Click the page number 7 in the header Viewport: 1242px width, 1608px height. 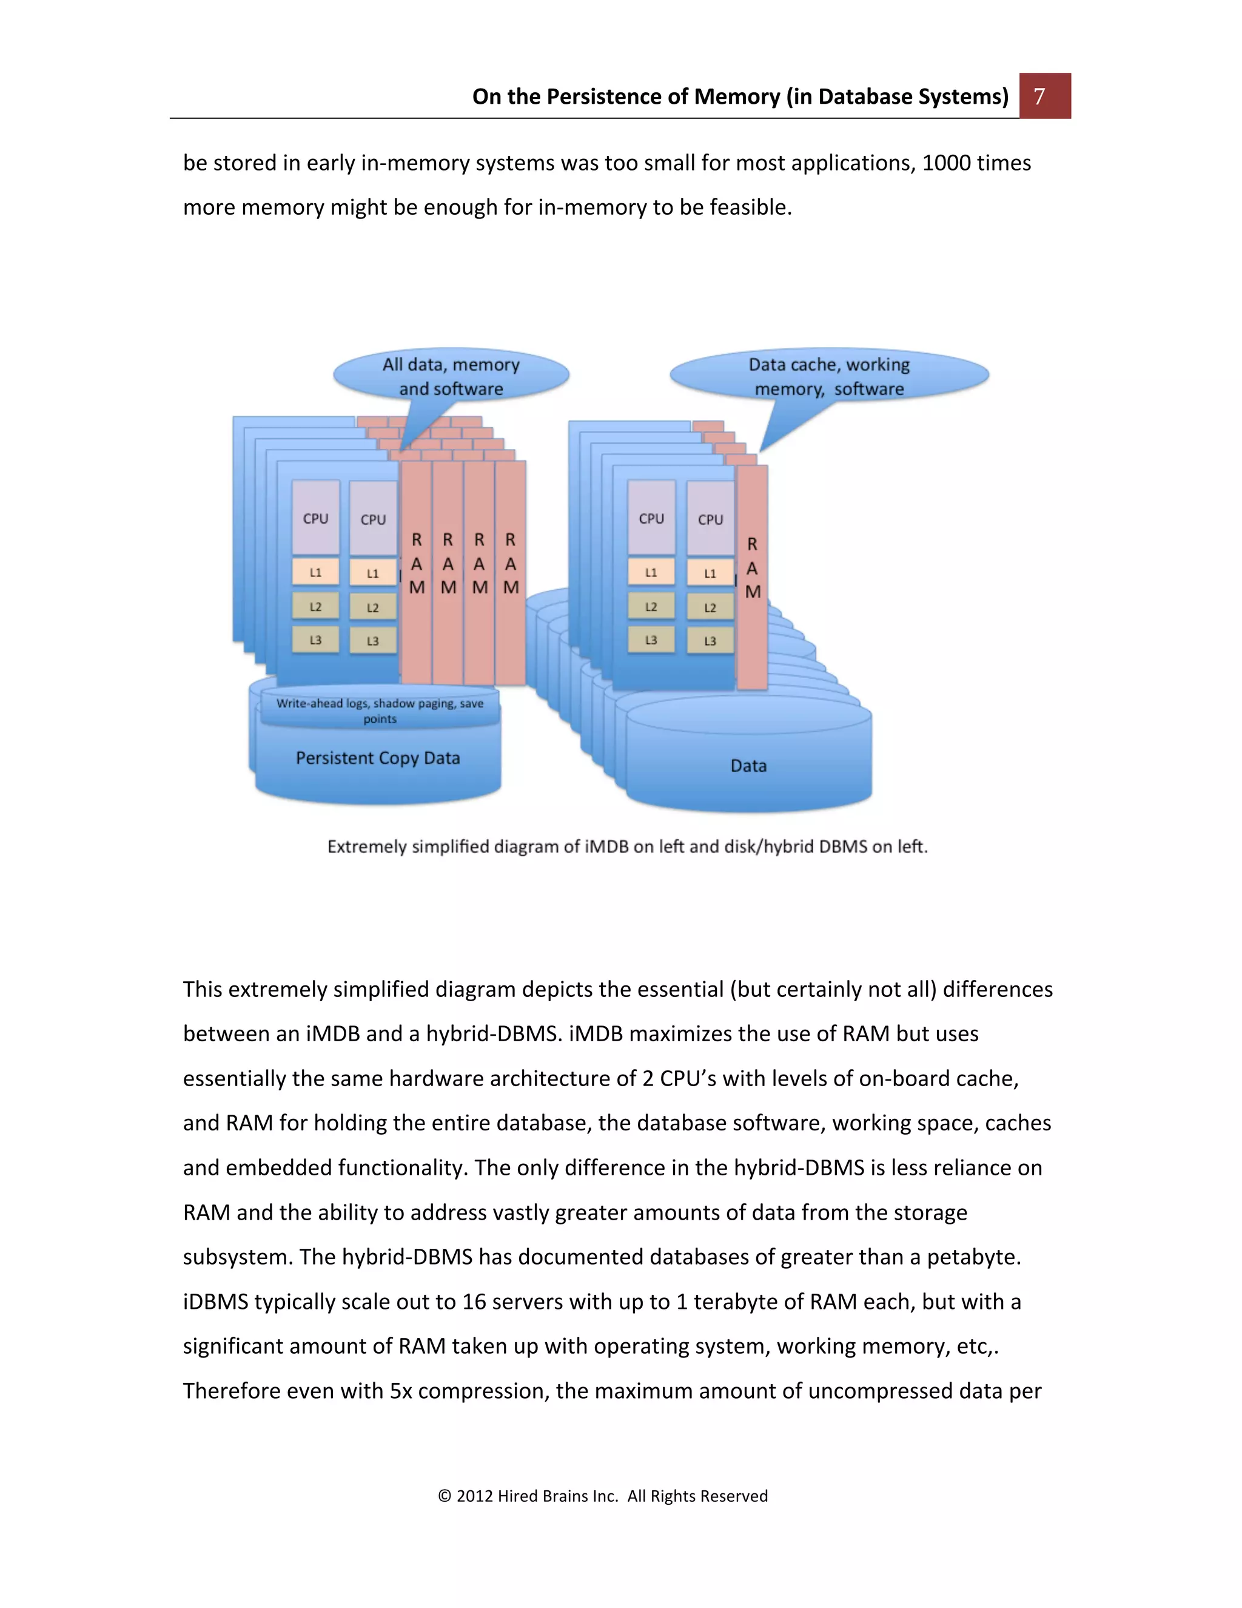click(1039, 96)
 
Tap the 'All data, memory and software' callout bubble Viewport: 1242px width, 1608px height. click(451, 376)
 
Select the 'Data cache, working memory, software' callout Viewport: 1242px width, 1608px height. click(829, 376)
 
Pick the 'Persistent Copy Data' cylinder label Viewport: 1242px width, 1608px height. click(377, 758)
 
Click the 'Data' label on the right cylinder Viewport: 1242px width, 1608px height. click(748, 766)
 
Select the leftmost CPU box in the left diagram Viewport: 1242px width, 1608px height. click(315, 518)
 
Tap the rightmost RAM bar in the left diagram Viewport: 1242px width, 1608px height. click(511, 572)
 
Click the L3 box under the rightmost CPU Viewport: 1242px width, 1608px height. click(710, 641)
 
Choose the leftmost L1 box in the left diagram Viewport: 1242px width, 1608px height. click(315, 572)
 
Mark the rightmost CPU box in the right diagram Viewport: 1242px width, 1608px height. click(710, 518)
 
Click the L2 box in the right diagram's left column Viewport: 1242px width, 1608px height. click(651, 607)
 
